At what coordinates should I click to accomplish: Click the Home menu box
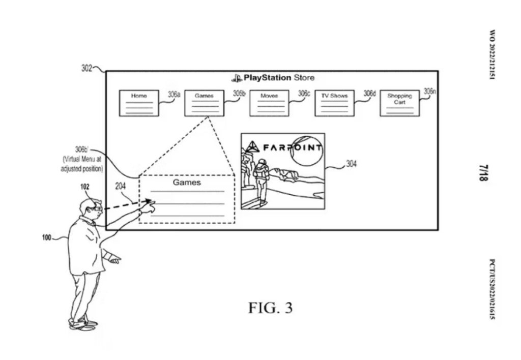click(x=138, y=103)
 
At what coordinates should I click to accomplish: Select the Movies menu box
click(x=269, y=103)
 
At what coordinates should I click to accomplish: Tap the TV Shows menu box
click(x=334, y=103)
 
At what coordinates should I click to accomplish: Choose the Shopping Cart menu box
click(x=399, y=103)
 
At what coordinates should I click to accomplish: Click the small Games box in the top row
click(x=204, y=103)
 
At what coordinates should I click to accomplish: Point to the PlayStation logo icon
click(x=237, y=78)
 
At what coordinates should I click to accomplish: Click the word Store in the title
click(x=304, y=78)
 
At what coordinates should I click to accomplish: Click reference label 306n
click(x=430, y=92)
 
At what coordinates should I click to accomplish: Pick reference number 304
click(x=351, y=164)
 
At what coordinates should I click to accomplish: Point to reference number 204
click(x=120, y=186)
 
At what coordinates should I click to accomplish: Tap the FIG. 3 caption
click(x=270, y=308)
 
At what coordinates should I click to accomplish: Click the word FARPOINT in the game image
click(x=292, y=148)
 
